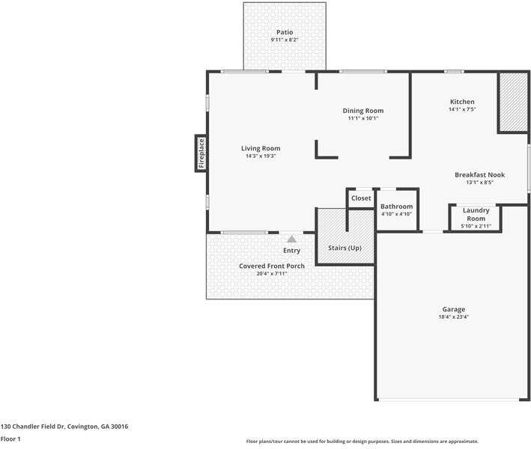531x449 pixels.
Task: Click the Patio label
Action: [x=284, y=32]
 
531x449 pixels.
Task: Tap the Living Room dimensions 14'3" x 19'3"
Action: [x=261, y=156]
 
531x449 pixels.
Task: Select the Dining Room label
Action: [x=363, y=111]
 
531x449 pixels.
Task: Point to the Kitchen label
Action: [x=461, y=102]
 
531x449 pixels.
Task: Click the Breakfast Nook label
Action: [x=479, y=174]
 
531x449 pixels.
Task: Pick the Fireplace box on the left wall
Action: [x=201, y=153]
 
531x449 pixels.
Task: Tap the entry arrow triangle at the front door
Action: [x=291, y=238]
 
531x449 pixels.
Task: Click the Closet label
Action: [x=361, y=198]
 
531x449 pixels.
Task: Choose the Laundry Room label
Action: [x=476, y=214]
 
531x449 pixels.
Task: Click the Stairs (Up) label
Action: [x=345, y=248]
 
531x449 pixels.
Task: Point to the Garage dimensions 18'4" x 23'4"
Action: [x=453, y=317]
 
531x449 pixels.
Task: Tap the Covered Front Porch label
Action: [x=272, y=266]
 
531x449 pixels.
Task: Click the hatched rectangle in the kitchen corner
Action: [x=513, y=103]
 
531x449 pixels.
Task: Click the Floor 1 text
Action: [x=10, y=439]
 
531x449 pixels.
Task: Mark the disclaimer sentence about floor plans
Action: [x=362, y=442]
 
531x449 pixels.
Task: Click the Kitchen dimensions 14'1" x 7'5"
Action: [x=461, y=109]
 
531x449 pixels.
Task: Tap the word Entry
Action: [x=291, y=251]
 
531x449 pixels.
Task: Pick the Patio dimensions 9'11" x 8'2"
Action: [x=284, y=40]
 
